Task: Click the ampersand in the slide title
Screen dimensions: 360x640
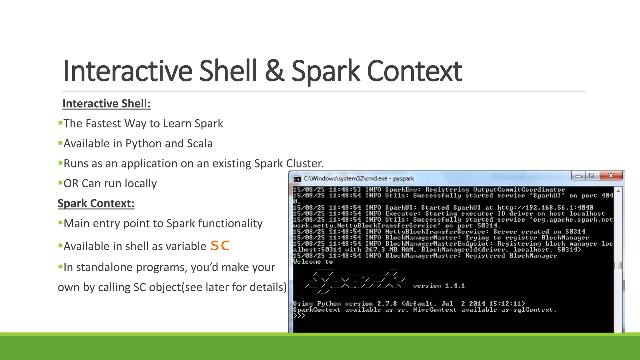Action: [274, 72]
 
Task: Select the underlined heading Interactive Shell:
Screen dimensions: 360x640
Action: [106, 103]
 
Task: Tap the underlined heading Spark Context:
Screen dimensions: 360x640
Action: [96, 203]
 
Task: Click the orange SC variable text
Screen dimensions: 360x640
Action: [220, 246]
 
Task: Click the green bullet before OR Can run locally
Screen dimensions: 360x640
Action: [60, 182]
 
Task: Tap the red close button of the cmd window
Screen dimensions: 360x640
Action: [611, 176]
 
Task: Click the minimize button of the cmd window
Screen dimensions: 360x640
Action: [578, 176]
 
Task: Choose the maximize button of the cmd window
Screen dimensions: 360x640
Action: [592, 176]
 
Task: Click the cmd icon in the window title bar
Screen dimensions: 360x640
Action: [297, 179]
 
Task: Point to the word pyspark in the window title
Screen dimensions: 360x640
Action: [403, 178]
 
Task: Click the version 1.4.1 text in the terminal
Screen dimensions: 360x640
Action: [439, 286]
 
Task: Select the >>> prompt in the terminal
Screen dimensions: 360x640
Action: [299, 316]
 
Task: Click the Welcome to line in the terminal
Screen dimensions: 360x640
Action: [313, 262]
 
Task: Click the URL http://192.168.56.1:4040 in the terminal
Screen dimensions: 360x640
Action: [545, 207]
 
